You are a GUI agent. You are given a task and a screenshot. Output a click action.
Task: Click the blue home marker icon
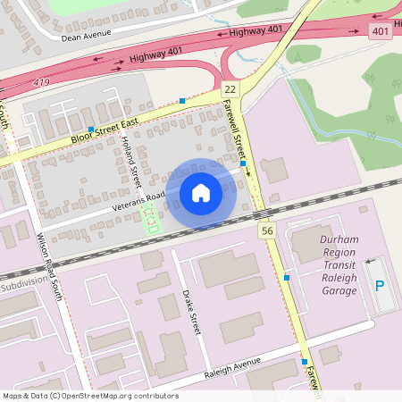coord(201,192)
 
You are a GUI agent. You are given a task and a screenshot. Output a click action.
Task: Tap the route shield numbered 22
coord(230,89)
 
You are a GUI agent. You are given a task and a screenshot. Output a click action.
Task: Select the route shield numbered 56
coord(267,231)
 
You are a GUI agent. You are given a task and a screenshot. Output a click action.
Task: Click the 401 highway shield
coord(380,31)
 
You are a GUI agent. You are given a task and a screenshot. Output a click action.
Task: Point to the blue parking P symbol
coord(380,286)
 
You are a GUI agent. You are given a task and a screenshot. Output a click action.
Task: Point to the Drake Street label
coord(190,311)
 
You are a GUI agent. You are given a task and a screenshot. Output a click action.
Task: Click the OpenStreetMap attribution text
coord(89,396)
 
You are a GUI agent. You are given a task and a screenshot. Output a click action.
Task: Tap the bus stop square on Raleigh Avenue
coord(304,362)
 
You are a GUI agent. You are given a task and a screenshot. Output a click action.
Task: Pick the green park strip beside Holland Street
coord(151,217)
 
